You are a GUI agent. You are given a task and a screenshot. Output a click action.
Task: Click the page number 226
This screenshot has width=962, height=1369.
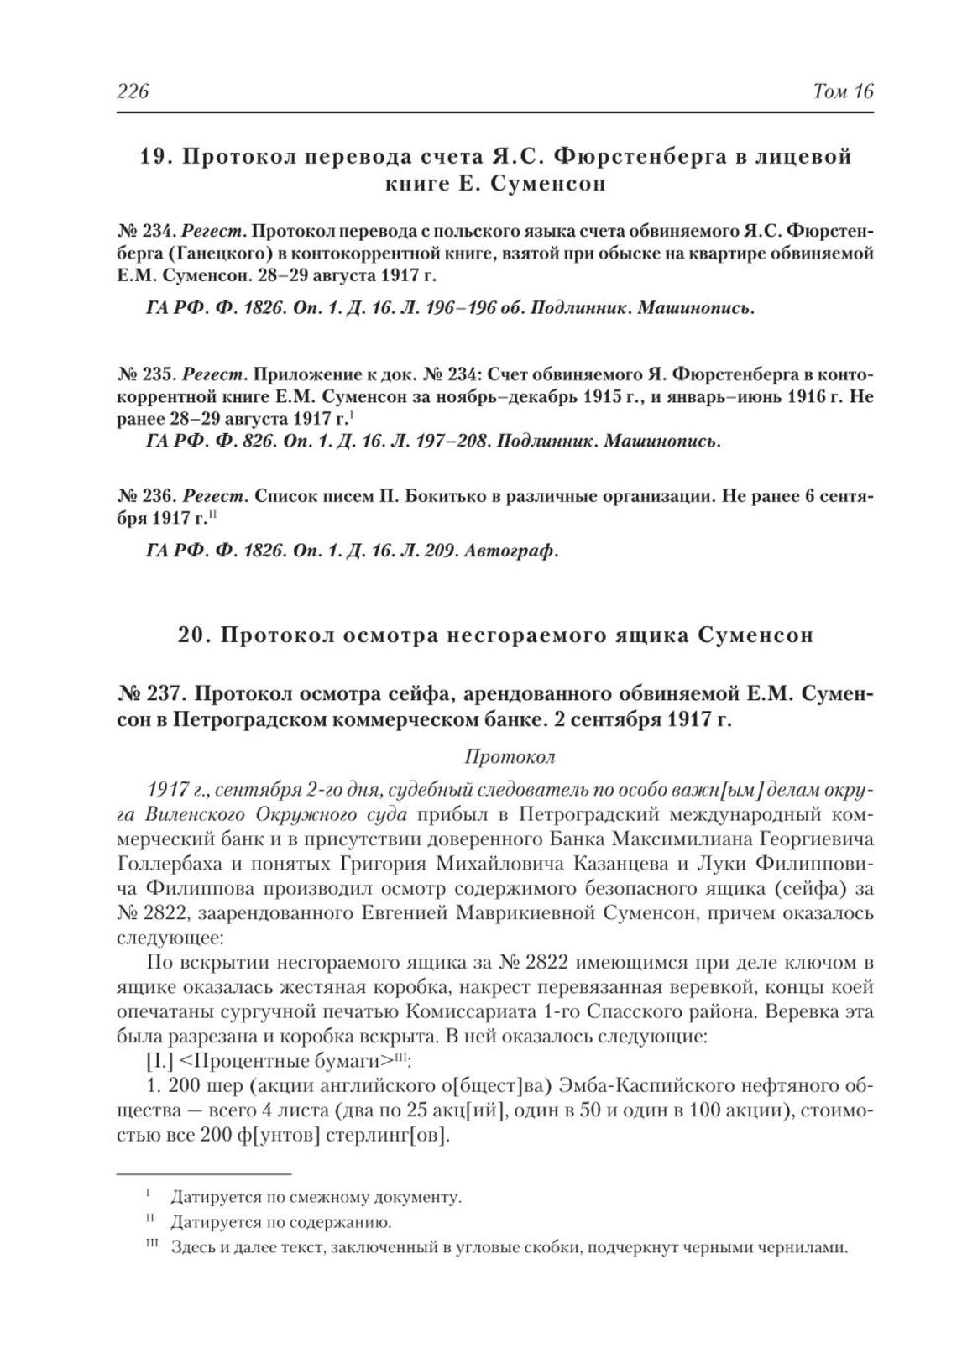pos(132,91)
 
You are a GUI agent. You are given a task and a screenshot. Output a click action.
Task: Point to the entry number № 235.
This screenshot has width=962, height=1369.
pos(144,374)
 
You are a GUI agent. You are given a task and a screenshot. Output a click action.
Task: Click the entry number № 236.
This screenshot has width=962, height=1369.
pos(144,496)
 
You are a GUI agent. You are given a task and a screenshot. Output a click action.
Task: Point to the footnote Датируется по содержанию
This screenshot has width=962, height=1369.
pos(281,1222)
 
